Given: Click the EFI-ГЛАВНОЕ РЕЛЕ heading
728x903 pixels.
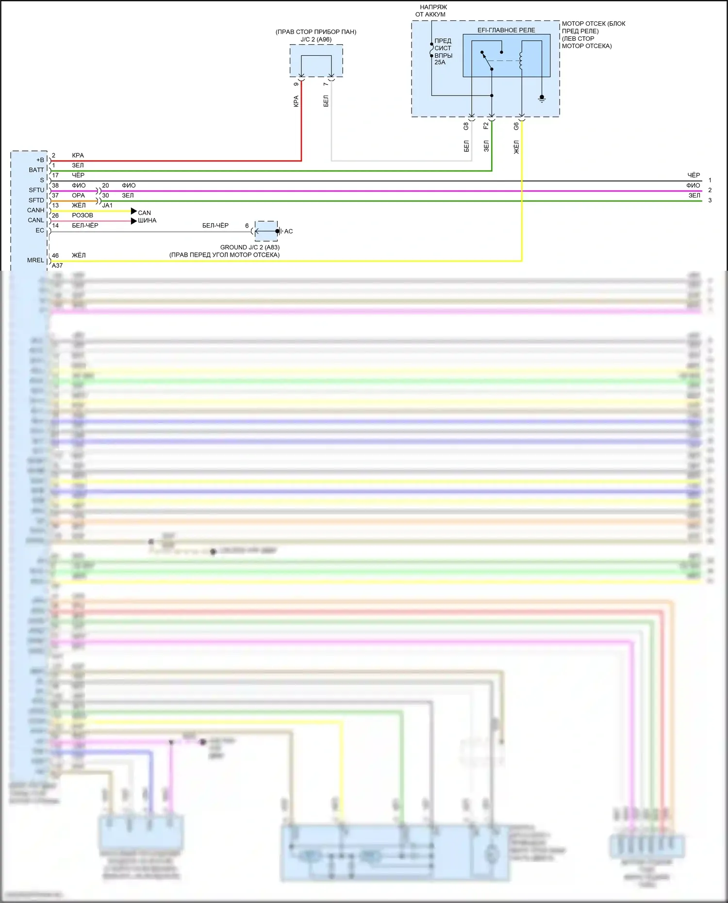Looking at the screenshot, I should tap(506, 30).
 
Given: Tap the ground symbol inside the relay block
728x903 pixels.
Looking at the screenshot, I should tap(542, 99).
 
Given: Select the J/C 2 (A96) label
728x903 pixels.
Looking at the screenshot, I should tap(316, 39).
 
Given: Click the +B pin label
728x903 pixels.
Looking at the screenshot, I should tap(40, 160).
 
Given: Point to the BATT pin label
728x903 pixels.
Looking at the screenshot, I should tap(36, 170).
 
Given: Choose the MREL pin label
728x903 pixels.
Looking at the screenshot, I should tap(35, 260).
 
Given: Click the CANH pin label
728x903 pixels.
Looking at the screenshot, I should tap(35, 210).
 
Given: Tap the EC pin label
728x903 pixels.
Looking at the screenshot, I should tap(40, 230).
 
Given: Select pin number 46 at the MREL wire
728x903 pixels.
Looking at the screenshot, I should tap(55, 255).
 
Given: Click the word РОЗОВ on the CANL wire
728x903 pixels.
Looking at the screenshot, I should tap(83, 215).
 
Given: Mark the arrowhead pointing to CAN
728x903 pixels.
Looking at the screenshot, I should tap(134, 211).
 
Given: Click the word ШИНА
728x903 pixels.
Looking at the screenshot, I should tap(147, 220).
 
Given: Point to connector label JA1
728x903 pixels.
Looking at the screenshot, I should tap(107, 205).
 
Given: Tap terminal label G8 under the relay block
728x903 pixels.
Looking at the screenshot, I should tap(466, 126).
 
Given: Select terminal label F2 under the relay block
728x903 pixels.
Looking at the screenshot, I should tap(486, 126).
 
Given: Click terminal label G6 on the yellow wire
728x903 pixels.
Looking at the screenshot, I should tap(516, 126).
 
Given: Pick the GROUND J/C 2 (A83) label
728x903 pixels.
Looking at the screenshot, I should tap(249, 247).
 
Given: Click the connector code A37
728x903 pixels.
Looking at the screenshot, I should tap(57, 265).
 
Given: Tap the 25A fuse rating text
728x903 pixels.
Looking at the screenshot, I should tap(440, 62).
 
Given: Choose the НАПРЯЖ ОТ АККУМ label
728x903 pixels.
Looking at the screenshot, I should tap(432, 11).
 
